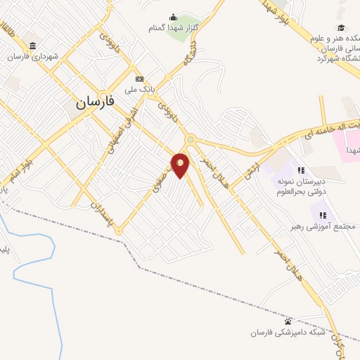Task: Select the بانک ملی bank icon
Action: point(139,79)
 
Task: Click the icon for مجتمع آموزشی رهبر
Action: point(323,214)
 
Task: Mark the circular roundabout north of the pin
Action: point(190,139)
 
